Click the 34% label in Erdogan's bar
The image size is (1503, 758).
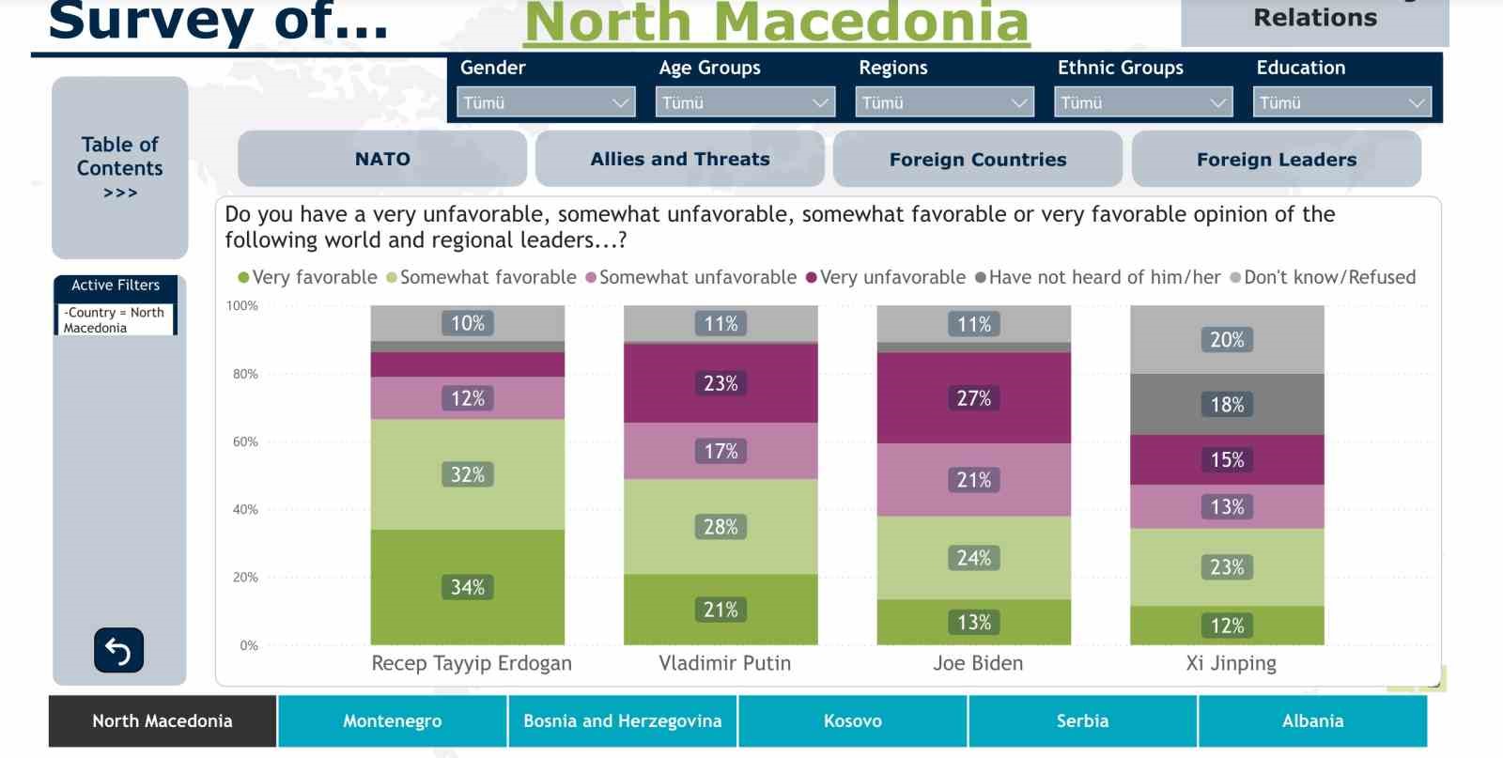468,588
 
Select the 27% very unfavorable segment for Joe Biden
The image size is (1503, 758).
973,398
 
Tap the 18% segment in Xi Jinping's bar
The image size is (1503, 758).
1227,405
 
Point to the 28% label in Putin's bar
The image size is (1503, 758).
721,527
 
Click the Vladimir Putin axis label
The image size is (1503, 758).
724,663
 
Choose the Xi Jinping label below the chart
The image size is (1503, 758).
1231,663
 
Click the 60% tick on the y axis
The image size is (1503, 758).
245,441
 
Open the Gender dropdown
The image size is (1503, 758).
546,102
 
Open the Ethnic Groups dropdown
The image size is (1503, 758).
1143,102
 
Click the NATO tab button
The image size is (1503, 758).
382,159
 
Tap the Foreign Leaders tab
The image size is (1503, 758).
1276,160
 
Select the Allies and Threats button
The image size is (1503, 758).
679,159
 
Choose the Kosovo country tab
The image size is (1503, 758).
852,720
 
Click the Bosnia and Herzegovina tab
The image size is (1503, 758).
622,720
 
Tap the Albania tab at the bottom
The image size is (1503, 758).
1312,720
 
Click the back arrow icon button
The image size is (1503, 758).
118,650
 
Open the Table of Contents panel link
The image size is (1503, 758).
120,167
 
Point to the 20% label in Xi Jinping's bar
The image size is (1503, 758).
1227,340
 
